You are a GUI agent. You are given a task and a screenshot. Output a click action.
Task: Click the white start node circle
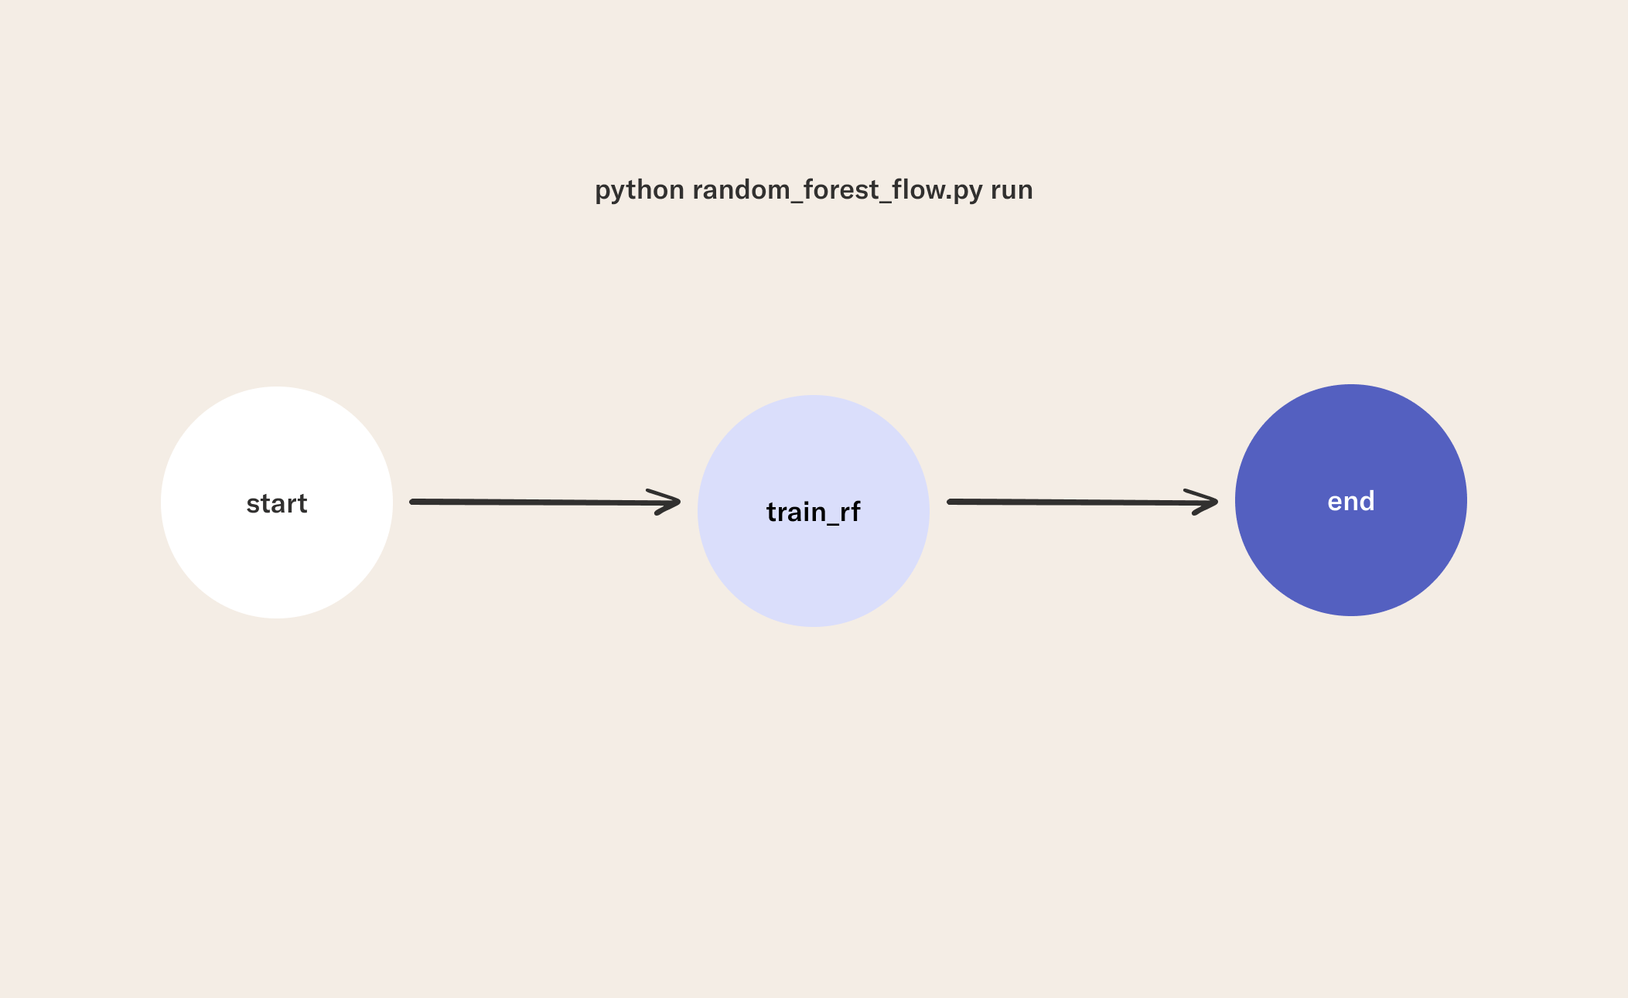coord(277,502)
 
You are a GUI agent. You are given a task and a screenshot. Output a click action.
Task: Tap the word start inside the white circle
coord(277,504)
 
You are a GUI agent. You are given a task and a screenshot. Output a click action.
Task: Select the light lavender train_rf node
coord(814,511)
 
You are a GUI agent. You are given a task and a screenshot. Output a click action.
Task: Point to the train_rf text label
coord(814,512)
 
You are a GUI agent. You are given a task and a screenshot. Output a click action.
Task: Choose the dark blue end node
coord(1351,500)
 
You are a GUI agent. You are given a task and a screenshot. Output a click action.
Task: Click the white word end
coord(1351,501)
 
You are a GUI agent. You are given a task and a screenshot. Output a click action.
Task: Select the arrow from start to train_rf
coord(545,502)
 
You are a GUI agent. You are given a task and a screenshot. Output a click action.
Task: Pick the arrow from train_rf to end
coord(1083,502)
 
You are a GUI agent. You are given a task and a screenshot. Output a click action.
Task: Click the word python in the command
coord(640,190)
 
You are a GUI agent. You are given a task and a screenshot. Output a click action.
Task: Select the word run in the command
coord(1012,190)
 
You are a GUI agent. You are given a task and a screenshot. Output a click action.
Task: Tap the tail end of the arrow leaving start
coord(412,502)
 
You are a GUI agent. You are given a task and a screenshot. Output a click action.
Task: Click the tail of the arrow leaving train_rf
coord(950,502)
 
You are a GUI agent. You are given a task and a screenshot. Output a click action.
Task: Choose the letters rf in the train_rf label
coord(850,511)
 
